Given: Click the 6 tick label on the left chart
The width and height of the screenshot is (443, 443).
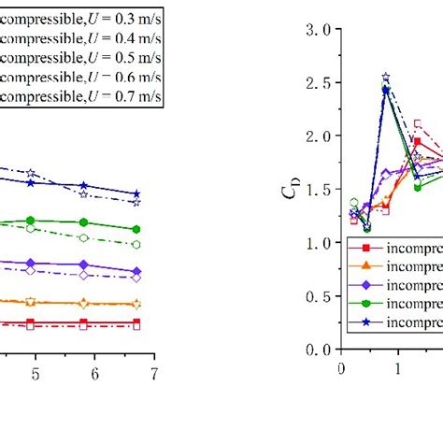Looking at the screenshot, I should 95,373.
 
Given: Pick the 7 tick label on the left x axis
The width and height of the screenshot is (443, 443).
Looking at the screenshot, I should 154,373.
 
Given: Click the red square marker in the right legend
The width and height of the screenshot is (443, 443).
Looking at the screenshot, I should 367,248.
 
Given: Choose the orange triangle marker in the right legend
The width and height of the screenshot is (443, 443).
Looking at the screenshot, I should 367,266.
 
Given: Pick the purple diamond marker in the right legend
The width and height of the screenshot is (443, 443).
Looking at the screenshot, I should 367,285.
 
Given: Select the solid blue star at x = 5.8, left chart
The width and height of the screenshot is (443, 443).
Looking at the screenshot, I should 84,186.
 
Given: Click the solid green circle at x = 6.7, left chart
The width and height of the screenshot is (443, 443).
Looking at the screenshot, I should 137,229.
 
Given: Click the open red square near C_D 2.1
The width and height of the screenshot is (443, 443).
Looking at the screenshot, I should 417,123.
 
